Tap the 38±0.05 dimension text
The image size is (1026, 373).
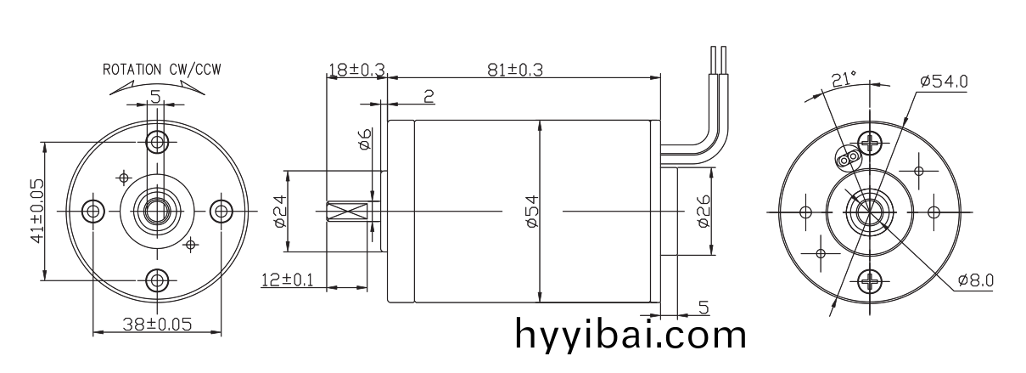click(156, 324)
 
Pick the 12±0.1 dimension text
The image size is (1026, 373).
click(286, 280)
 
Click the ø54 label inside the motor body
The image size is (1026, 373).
click(532, 211)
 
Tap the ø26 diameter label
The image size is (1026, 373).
click(702, 211)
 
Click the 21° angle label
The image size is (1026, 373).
click(844, 79)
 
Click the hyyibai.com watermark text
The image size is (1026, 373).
click(631, 334)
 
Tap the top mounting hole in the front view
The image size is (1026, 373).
click(156, 141)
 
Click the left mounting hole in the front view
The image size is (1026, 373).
click(92, 210)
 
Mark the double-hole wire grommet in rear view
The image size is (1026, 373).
click(847, 159)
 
